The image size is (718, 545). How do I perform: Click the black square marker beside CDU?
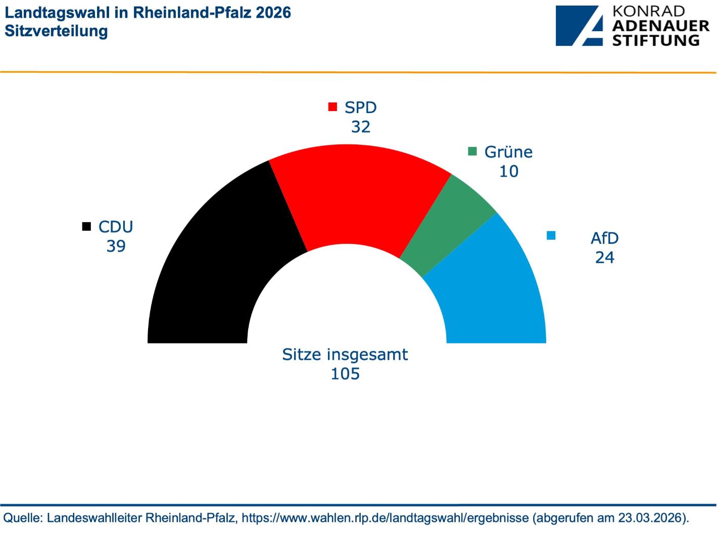86,226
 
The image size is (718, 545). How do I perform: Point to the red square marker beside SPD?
332,107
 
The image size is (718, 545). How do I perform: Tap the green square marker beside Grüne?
472,151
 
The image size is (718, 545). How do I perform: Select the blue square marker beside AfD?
551,235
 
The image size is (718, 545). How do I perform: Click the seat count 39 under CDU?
116,246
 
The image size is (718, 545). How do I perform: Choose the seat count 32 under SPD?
361,127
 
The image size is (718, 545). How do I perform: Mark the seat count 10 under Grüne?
508,172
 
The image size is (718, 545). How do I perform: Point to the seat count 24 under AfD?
604,257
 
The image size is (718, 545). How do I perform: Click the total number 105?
345,374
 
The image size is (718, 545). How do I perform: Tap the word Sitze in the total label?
302,354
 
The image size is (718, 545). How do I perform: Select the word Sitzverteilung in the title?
56,31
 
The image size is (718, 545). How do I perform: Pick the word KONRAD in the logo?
649,11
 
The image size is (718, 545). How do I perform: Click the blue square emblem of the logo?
579,26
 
